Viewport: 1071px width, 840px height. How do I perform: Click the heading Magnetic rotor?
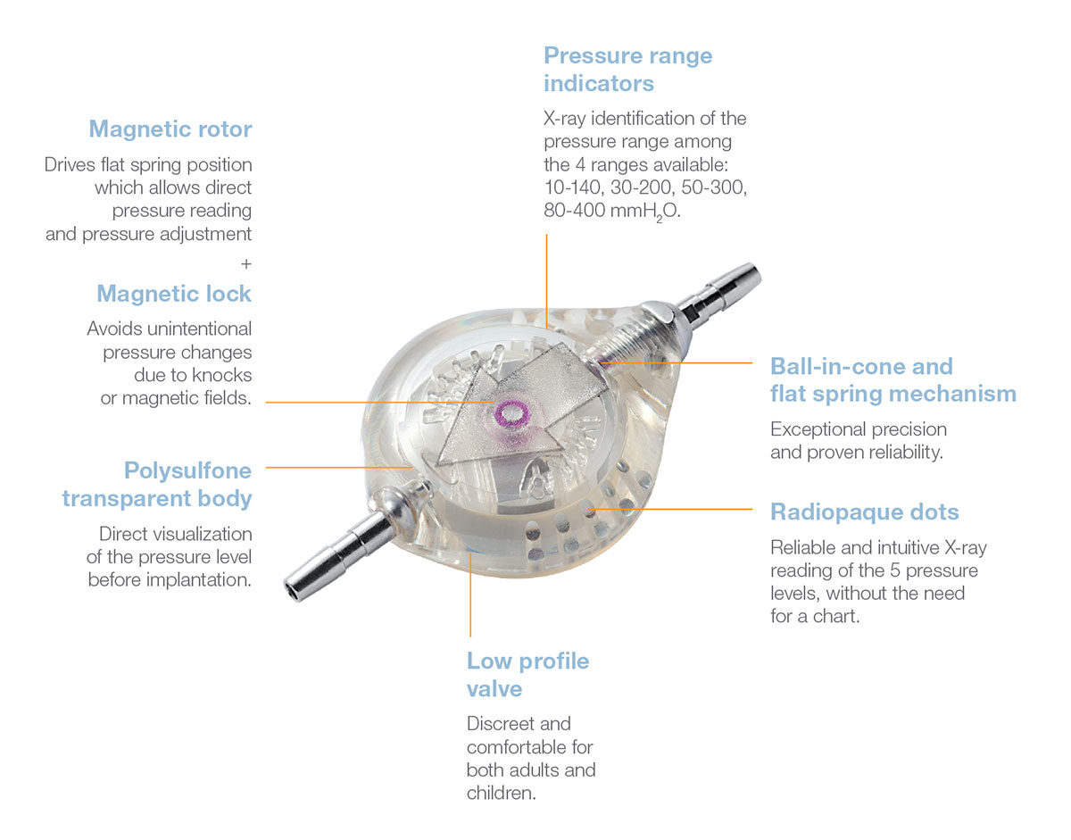pos(170,129)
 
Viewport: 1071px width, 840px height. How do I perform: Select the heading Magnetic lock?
pos(174,294)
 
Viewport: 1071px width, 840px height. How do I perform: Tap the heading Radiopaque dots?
pos(864,512)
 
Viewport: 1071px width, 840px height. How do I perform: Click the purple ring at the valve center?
pos(513,413)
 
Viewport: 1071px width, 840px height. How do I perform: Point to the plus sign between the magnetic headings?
pos(246,264)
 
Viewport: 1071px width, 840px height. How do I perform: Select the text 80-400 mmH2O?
pos(611,212)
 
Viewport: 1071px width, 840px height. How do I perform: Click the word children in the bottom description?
pos(501,793)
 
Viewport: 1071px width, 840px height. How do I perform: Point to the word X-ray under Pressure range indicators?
pos(567,119)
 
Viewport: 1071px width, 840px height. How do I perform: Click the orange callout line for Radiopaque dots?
pos(678,509)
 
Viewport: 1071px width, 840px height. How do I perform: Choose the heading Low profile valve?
pos(527,675)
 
